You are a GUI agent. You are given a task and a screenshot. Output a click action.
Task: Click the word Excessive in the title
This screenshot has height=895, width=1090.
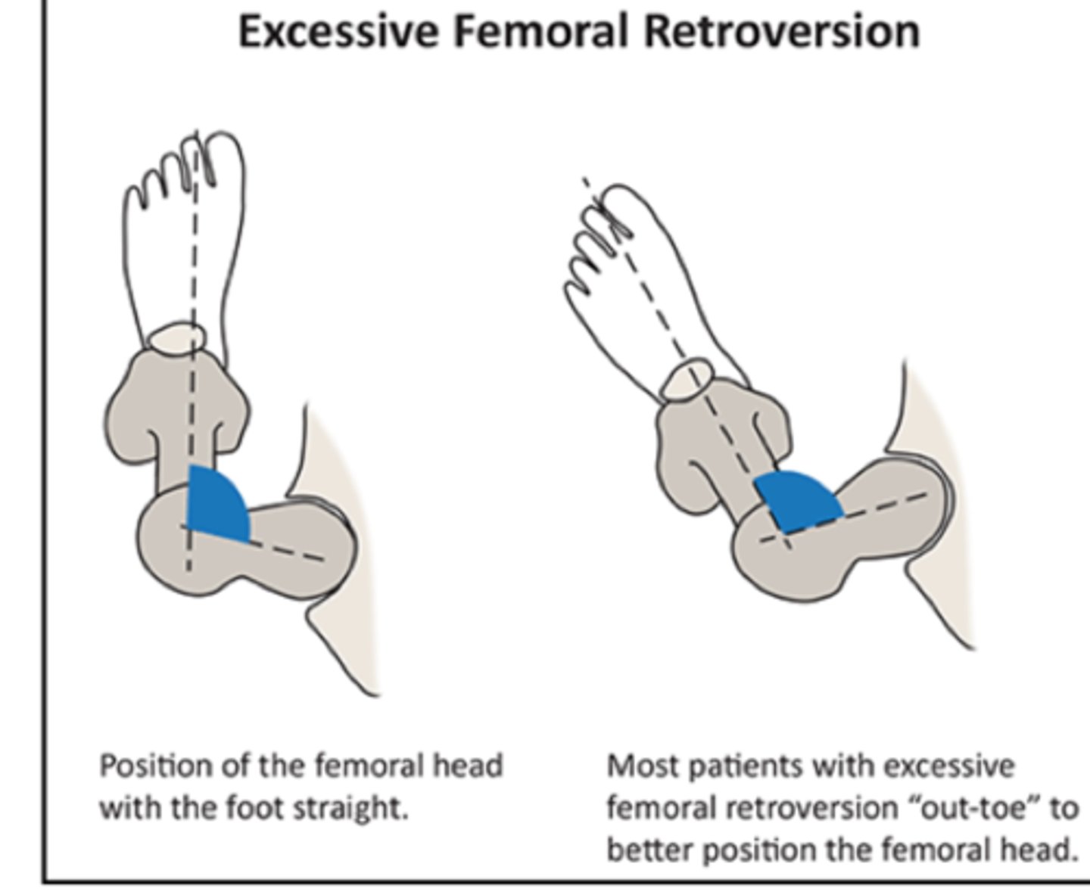[338, 32]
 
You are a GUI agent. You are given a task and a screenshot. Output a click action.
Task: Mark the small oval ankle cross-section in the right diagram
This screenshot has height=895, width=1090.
[687, 381]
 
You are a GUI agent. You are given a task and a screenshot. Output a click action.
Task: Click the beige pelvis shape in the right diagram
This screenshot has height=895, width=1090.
[946, 590]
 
